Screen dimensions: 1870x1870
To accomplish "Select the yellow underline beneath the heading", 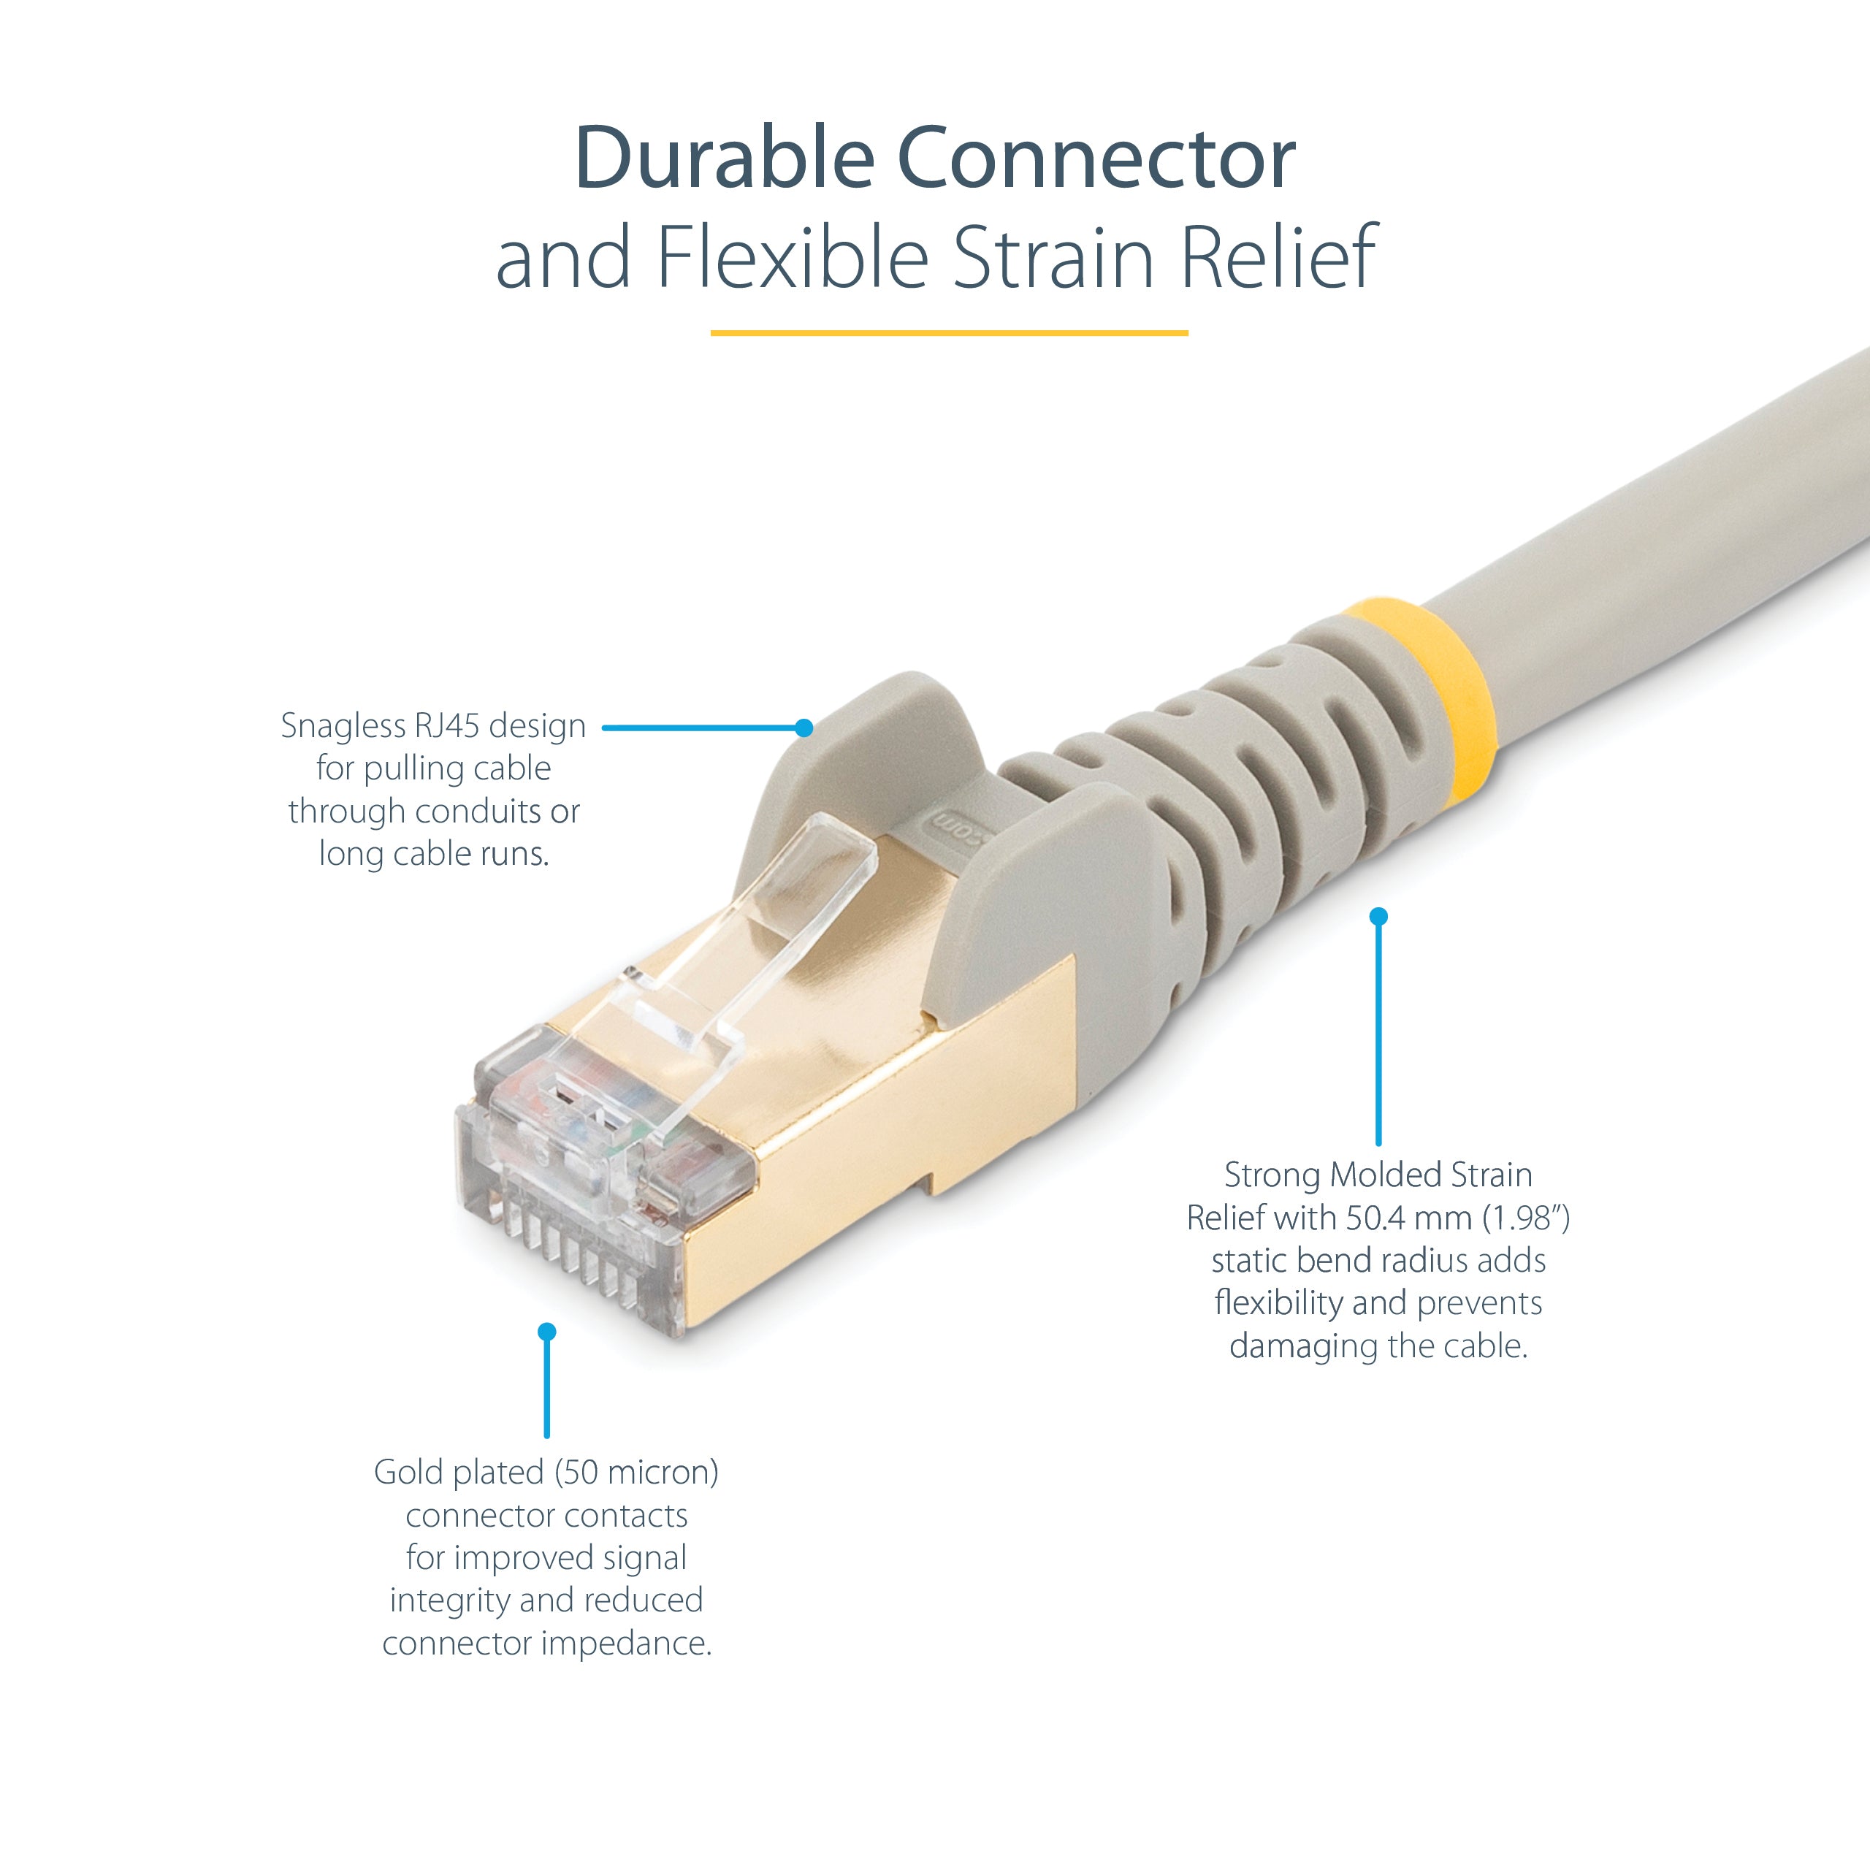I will coord(949,333).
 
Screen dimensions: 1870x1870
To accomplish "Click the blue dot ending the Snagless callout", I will coord(804,728).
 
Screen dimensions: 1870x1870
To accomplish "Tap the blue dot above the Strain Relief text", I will coord(1378,915).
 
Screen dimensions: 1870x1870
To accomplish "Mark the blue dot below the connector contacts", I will coord(547,1332).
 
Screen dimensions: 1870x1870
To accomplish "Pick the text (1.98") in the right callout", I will coord(1527,1218).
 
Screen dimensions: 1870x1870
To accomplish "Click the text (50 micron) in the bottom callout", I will coord(637,1472).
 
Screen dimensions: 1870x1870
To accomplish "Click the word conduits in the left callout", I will coord(479,811).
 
